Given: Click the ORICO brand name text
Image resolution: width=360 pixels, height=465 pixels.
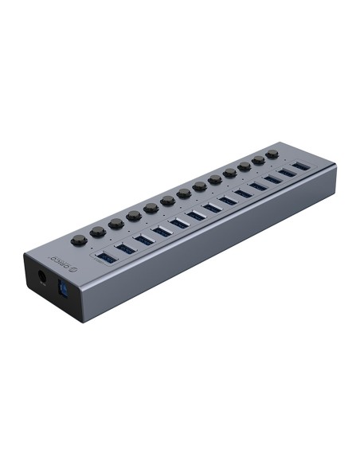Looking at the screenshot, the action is (59, 262).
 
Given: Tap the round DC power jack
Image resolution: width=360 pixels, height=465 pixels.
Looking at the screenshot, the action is (42, 278).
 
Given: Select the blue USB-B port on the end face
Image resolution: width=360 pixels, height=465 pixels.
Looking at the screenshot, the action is (63, 288).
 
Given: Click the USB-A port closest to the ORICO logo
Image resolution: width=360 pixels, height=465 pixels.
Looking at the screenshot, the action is (107, 257).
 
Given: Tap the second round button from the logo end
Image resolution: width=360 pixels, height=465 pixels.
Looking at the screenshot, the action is (98, 232).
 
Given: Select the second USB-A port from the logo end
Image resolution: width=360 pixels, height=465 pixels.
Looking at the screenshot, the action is (125, 248).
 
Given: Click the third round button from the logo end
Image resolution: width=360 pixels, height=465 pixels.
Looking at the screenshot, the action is (116, 223).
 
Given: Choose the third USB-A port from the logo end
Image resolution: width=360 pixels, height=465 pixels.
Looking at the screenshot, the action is (143, 240).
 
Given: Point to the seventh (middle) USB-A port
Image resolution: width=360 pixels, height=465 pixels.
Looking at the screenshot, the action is (213, 207).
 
